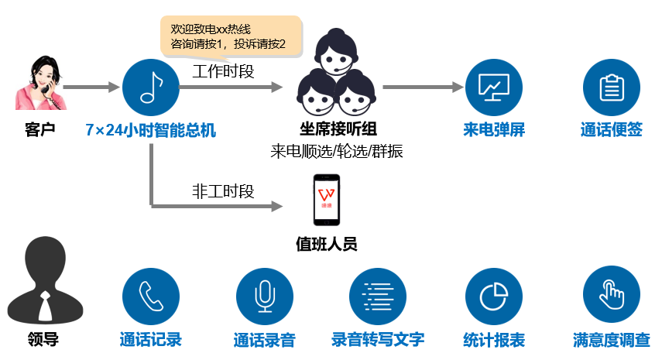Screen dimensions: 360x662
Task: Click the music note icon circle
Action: (x=150, y=87)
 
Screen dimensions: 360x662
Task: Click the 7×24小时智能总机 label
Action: (x=151, y=129)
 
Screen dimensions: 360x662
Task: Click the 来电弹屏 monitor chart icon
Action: (x=494, y=87)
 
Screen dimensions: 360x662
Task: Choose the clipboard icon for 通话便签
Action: (x=612, y=87)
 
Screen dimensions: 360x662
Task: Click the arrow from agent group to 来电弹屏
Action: (x=422, y=87)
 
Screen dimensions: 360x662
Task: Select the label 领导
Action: (x=43, y=339)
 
